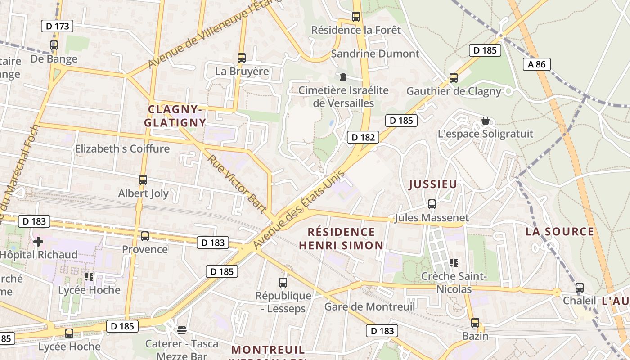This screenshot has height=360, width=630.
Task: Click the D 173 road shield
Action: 57,26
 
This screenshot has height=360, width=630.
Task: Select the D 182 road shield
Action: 363,137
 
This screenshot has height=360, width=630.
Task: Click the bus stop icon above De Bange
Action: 54,45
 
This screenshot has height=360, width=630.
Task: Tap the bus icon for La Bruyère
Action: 242,58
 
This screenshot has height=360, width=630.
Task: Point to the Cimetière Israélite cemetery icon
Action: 343,77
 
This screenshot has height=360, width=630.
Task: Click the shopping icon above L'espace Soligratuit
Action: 485,121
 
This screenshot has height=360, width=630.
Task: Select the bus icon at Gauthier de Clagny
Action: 454,78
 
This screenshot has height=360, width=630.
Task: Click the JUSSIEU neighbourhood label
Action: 433,184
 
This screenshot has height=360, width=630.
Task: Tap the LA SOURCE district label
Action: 560,232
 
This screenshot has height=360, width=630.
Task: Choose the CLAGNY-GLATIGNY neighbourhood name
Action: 175,116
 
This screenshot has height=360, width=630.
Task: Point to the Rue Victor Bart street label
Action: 236,184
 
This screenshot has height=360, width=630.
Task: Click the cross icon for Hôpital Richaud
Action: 38,242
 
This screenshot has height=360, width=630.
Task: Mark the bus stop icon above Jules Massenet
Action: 432,204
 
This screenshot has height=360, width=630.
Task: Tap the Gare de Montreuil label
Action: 369,307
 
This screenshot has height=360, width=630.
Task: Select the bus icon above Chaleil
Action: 580,287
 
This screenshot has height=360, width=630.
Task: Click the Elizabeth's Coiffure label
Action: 122,148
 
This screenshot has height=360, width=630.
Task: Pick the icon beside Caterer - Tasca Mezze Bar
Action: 182,330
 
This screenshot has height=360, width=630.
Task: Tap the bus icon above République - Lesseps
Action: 283,283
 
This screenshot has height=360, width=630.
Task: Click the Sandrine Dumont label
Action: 375,54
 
